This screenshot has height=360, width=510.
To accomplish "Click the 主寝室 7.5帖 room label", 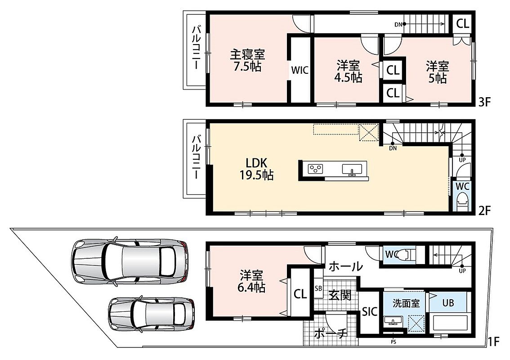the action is tap(247, 60).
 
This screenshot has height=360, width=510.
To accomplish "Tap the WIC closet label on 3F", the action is tap(300, 70).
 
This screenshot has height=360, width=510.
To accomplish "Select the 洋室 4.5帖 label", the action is tap(349, 72).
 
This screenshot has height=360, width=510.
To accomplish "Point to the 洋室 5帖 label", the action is tap(438, 72).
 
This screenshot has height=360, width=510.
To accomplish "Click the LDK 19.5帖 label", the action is tap(256, 169).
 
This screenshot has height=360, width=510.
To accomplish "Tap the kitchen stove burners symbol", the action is tap(316, 169).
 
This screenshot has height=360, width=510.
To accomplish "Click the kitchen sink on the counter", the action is tap(352, 169).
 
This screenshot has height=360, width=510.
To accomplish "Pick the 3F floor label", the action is tap(483, 102).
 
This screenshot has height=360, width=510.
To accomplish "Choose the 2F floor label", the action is tap(483, 211).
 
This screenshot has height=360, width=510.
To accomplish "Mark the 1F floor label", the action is tap(493, 342).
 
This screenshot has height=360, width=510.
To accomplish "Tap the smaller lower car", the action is tap(152, 314).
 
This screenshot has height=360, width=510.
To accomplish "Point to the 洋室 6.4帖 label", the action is tap(252, 281).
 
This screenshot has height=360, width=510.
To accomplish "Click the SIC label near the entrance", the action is tap(370, 311).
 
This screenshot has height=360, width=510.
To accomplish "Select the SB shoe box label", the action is tap(318, 288).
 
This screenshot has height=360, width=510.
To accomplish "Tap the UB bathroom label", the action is tap(448, 303).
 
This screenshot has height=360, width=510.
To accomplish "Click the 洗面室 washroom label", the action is tap(406, 303).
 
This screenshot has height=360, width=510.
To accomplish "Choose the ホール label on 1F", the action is tap(345, 266).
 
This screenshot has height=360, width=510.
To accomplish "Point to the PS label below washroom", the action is tap(394, 342).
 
